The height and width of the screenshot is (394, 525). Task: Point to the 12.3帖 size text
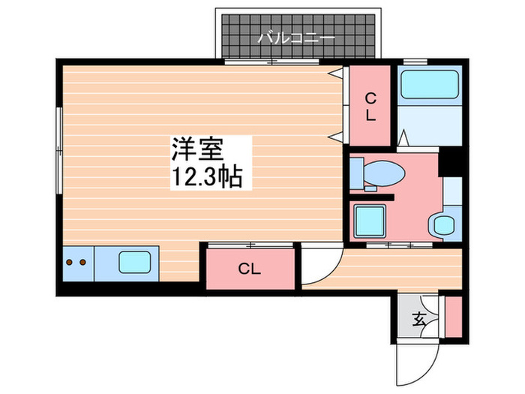pos(206,177)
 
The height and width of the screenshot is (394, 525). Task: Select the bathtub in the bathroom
pos(429,86)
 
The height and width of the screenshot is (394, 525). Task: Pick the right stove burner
pos(82,263)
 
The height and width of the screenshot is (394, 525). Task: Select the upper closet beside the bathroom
pos(369,105)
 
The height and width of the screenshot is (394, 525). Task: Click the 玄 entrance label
pos(418,319)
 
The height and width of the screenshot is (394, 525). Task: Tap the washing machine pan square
pos(370,221)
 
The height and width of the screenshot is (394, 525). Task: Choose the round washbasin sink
pos(444,225)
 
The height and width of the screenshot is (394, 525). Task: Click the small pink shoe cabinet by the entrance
pos(453,316)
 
